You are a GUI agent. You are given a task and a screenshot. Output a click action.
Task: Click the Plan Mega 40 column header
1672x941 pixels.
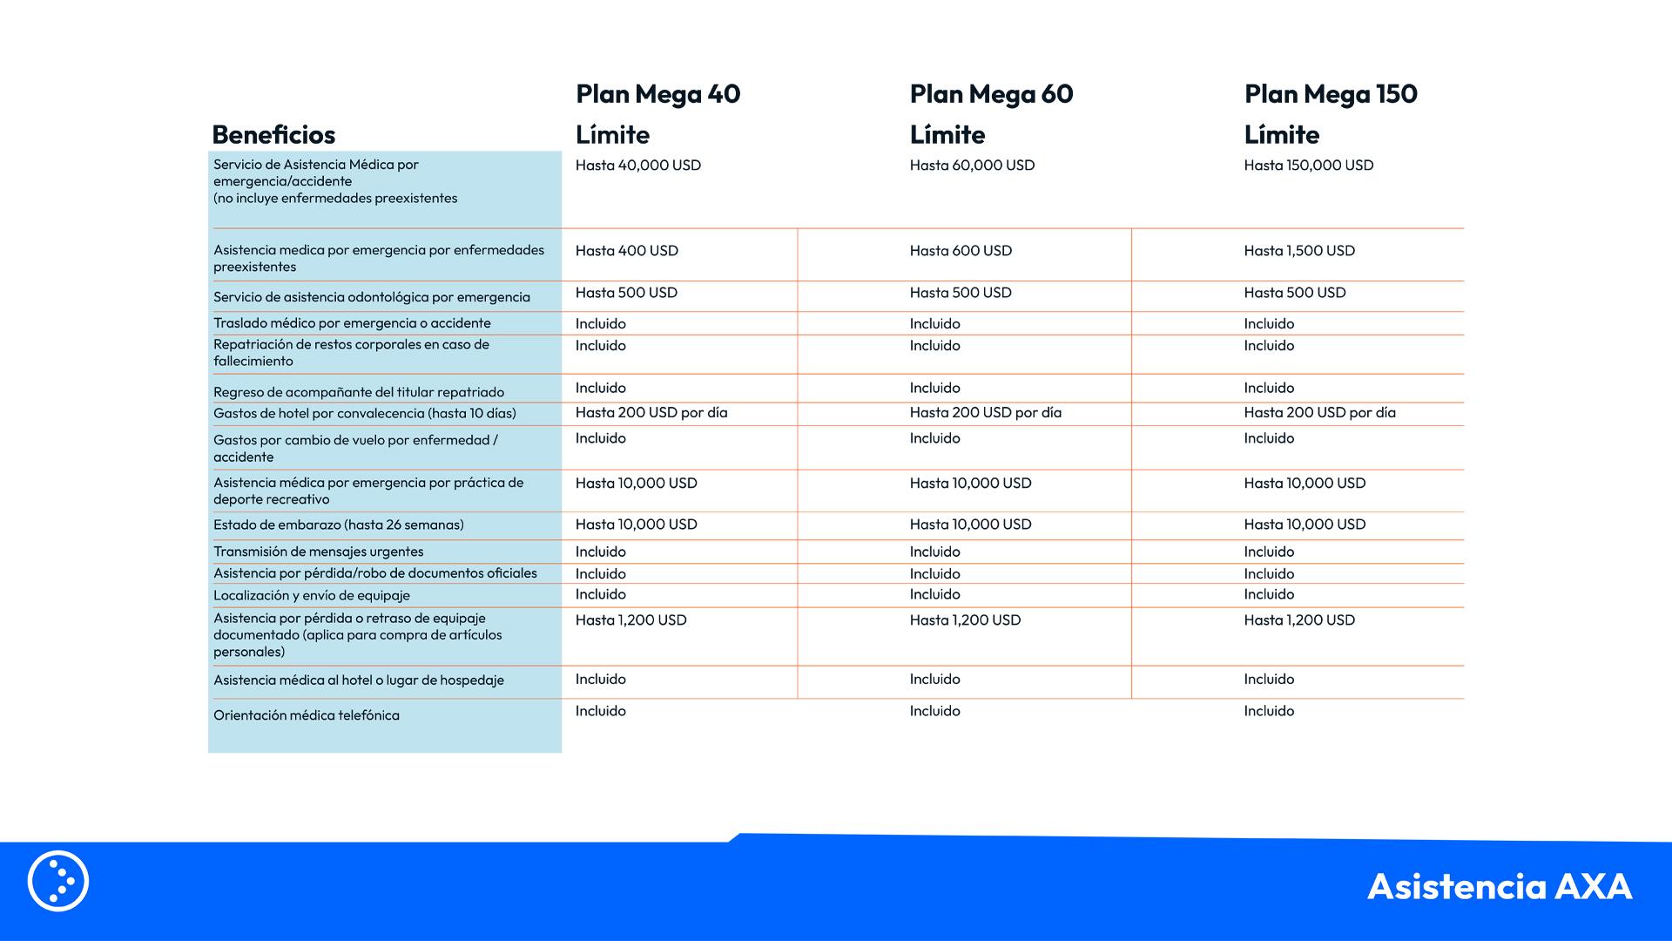[x=657, y=94]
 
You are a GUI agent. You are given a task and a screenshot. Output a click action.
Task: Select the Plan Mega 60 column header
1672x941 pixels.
[x=991, y=94]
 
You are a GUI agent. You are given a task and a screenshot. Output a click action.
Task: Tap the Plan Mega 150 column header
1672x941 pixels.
[x=1330, y=94]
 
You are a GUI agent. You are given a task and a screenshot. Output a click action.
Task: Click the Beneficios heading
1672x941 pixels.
[x=273, y=135]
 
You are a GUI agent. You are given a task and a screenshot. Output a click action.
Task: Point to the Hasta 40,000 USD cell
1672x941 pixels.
[x=637, y=166]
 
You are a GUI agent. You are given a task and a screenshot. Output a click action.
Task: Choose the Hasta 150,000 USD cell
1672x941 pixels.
[x=1308, y=166]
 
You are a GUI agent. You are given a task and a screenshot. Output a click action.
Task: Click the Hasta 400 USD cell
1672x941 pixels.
[x=626, y=251]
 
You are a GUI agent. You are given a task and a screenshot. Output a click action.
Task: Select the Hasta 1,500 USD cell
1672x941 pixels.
[x=1299, y=251]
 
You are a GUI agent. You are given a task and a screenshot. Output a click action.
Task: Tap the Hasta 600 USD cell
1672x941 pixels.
[x=961, y=251]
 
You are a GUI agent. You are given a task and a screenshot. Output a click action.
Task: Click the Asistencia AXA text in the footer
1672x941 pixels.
[x=1499, y=886]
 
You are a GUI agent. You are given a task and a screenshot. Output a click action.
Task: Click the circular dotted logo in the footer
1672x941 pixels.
[x=58, y=881]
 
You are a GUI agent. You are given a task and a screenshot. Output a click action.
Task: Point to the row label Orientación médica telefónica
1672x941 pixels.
[x=307, y=715]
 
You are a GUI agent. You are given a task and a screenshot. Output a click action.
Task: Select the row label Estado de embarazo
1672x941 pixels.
[x=339, y=525]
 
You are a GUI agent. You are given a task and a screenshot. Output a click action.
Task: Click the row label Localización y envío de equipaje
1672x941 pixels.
[x=312, y=595]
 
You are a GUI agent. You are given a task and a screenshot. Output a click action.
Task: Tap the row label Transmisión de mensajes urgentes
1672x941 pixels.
[x=319, y=552]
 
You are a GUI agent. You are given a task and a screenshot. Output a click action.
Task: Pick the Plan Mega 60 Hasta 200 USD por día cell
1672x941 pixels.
[x=985, y=413]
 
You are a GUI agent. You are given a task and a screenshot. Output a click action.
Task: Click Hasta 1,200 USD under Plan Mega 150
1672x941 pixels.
[x=1299, y=620]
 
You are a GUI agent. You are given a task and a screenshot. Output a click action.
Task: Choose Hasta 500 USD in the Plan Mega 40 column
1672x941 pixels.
[x=626, y=293]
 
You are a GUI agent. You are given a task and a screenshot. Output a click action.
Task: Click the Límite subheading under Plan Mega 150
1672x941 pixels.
[x=1281, y=135]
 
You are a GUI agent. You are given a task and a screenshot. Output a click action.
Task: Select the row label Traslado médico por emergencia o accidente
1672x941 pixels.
[x=352, y=323]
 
